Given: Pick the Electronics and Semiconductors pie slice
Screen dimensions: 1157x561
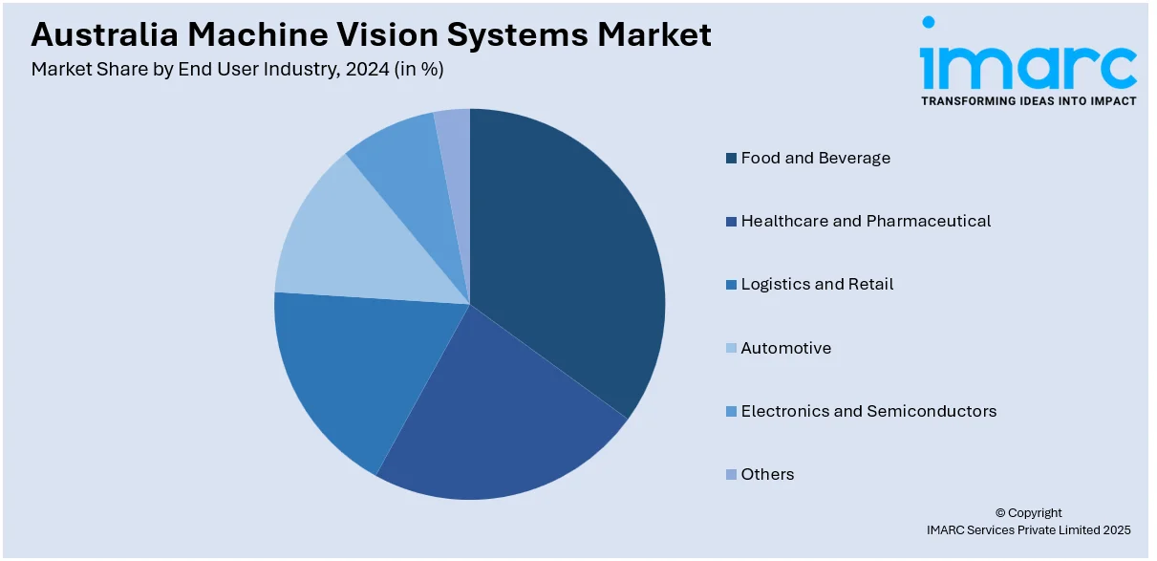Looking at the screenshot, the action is coord(413,176).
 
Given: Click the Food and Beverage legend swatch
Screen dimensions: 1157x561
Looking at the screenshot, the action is coord(731,158).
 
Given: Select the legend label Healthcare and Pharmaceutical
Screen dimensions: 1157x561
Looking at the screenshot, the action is coord(866,221).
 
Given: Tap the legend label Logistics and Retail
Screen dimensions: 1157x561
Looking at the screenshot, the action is coord(817,284).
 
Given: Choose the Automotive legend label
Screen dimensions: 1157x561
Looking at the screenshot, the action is coord(786,348).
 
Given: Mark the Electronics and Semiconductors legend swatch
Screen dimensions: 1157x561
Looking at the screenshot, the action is coord(731,411).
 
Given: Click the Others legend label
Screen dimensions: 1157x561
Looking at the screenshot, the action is coord(767,474).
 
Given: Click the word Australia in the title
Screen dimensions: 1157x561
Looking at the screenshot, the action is coord(105,34).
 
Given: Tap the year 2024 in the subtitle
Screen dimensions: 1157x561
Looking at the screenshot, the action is coord(367,69).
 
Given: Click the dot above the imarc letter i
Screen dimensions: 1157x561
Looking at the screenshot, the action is coord(929,22).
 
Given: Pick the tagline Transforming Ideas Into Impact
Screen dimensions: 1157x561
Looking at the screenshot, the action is coord(1029,101).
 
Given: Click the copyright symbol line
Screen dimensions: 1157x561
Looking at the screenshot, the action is coord(1028,513).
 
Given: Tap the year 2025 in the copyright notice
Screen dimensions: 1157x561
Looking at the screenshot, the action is coord(1117,530).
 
